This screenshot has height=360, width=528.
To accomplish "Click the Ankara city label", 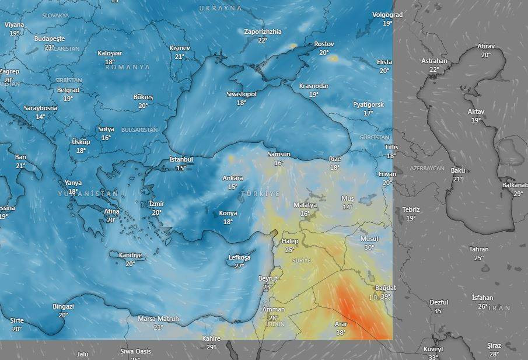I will point(233,178).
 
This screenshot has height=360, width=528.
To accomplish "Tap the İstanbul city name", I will point(181,159).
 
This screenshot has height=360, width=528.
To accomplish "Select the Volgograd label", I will point(387,14).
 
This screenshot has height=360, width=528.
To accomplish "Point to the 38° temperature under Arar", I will point(341,333).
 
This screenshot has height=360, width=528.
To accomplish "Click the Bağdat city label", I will point(386,288).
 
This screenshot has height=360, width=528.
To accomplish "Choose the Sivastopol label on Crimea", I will point(242,93).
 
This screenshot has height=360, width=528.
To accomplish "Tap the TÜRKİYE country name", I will point(260,193).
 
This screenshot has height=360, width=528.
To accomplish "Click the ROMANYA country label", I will point(127,67).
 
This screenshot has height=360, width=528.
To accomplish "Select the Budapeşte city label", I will point(49,39).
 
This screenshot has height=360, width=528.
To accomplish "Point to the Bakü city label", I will point(458,170).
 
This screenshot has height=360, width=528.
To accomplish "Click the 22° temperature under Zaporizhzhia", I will point(263,40).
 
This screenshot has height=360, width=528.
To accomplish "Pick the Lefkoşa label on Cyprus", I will point(239,257).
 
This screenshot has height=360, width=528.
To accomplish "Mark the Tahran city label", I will point(479,249).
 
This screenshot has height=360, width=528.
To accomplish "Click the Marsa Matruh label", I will point(158,319).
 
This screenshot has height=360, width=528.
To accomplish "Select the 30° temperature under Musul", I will point(369,247).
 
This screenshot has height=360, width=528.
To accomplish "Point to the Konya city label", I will point(228,213).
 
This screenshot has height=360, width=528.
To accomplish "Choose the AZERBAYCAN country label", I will point(427,168).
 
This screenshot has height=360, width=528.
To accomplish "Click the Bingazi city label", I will point(63,306).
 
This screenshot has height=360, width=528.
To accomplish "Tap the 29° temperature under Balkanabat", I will point(518,194).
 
